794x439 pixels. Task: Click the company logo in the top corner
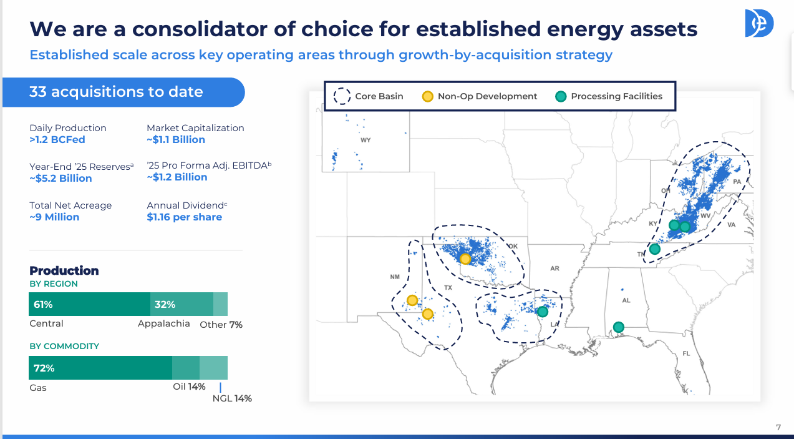(759, 23)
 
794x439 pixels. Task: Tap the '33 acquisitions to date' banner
(123, 92)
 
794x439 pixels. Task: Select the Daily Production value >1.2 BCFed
(57, 139)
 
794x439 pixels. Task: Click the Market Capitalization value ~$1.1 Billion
(176, 139)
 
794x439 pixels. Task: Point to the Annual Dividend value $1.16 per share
(185, 217)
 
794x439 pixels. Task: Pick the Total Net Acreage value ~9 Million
(54, 217)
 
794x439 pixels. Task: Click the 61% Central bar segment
(89, 304)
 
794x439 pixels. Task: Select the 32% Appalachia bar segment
(182, 304)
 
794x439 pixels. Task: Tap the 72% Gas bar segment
(100, 368)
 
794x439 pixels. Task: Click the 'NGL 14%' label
(232, 398)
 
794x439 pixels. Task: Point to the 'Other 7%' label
(221, 325)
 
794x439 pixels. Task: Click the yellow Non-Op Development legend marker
(427, 97)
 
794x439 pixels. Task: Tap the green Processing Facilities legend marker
(561, 97)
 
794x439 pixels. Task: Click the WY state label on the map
(366, 140)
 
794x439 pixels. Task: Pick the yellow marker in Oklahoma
(465, 259)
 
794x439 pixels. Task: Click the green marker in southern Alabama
(619, 327)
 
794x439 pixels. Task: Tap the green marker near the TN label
(655, 249)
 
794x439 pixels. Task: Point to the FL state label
(686, 353)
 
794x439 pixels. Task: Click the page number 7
(778, 427)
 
